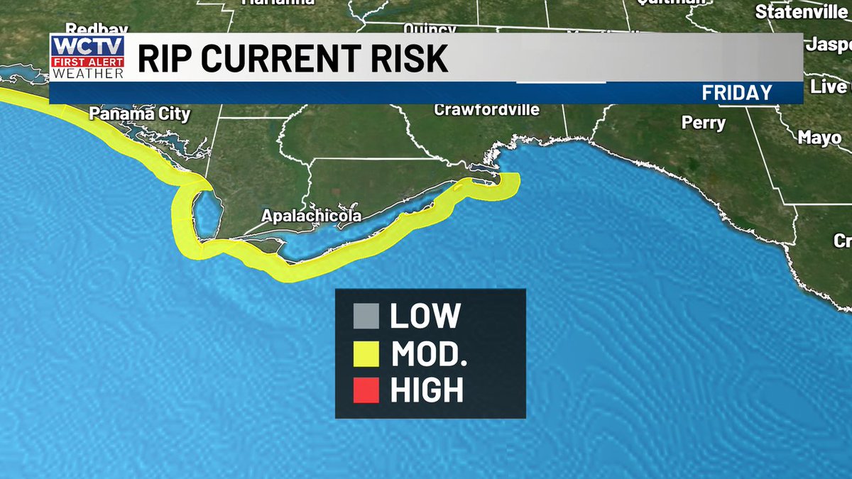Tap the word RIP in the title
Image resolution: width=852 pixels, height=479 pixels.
[163, 59]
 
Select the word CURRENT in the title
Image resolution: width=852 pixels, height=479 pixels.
[285, 59]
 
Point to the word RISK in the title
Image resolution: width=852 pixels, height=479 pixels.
[412, 59]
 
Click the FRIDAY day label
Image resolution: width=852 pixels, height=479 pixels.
[736, 93]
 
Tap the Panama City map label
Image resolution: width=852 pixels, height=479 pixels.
[139, 114]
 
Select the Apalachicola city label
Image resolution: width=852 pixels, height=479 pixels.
[312, 216]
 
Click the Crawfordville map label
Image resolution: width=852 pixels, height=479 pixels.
[486, 110]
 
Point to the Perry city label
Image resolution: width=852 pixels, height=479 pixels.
[704, 123]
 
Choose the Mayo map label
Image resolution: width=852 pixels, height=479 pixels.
[819, 138]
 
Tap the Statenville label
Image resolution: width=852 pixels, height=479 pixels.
[801, 12]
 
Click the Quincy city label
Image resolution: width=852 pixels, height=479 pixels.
[430, 29]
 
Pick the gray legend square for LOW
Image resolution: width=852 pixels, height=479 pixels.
[364, 316]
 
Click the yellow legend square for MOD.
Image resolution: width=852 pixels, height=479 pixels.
[364, 353]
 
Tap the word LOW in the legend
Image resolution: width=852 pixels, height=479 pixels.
[425, 316]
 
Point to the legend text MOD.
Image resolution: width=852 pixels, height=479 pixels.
[429, 353]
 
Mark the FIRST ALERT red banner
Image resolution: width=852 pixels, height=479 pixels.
[87, 62]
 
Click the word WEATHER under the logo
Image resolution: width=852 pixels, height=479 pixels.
[87, 72]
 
